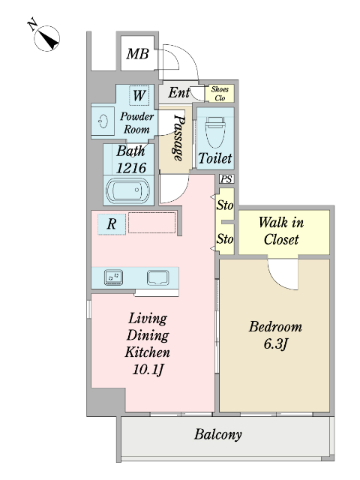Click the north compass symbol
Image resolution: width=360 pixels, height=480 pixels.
pos(46,38)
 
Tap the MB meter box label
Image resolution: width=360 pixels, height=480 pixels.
pos(137,54)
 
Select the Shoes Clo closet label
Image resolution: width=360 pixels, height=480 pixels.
pos(220,93)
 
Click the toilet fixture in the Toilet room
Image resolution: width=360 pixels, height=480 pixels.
pos(215,132)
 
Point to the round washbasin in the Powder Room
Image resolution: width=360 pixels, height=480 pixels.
pos(103,121)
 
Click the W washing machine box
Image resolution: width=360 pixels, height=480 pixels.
pos(139,95)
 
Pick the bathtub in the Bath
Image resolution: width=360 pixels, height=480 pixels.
pos(128,190)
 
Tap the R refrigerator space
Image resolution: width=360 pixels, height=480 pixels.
pos(112,224)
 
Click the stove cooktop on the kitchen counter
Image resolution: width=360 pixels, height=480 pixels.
pos(113,277)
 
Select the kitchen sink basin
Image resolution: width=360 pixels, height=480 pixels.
pos(157,277)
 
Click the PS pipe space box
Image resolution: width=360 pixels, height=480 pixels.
pos(226,179)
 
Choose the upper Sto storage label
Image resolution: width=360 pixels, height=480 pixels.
pos(225,205)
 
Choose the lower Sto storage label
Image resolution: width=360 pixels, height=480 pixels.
pos(225,238)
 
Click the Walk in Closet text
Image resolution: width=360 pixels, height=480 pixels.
pos(281,230)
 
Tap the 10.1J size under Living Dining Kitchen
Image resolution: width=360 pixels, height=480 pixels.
pos(148,370)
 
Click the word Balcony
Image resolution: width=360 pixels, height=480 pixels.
pos(218,434)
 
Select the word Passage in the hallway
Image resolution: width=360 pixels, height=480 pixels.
pos(179,137)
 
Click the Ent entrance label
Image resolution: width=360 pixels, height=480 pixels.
pos(178,92)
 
